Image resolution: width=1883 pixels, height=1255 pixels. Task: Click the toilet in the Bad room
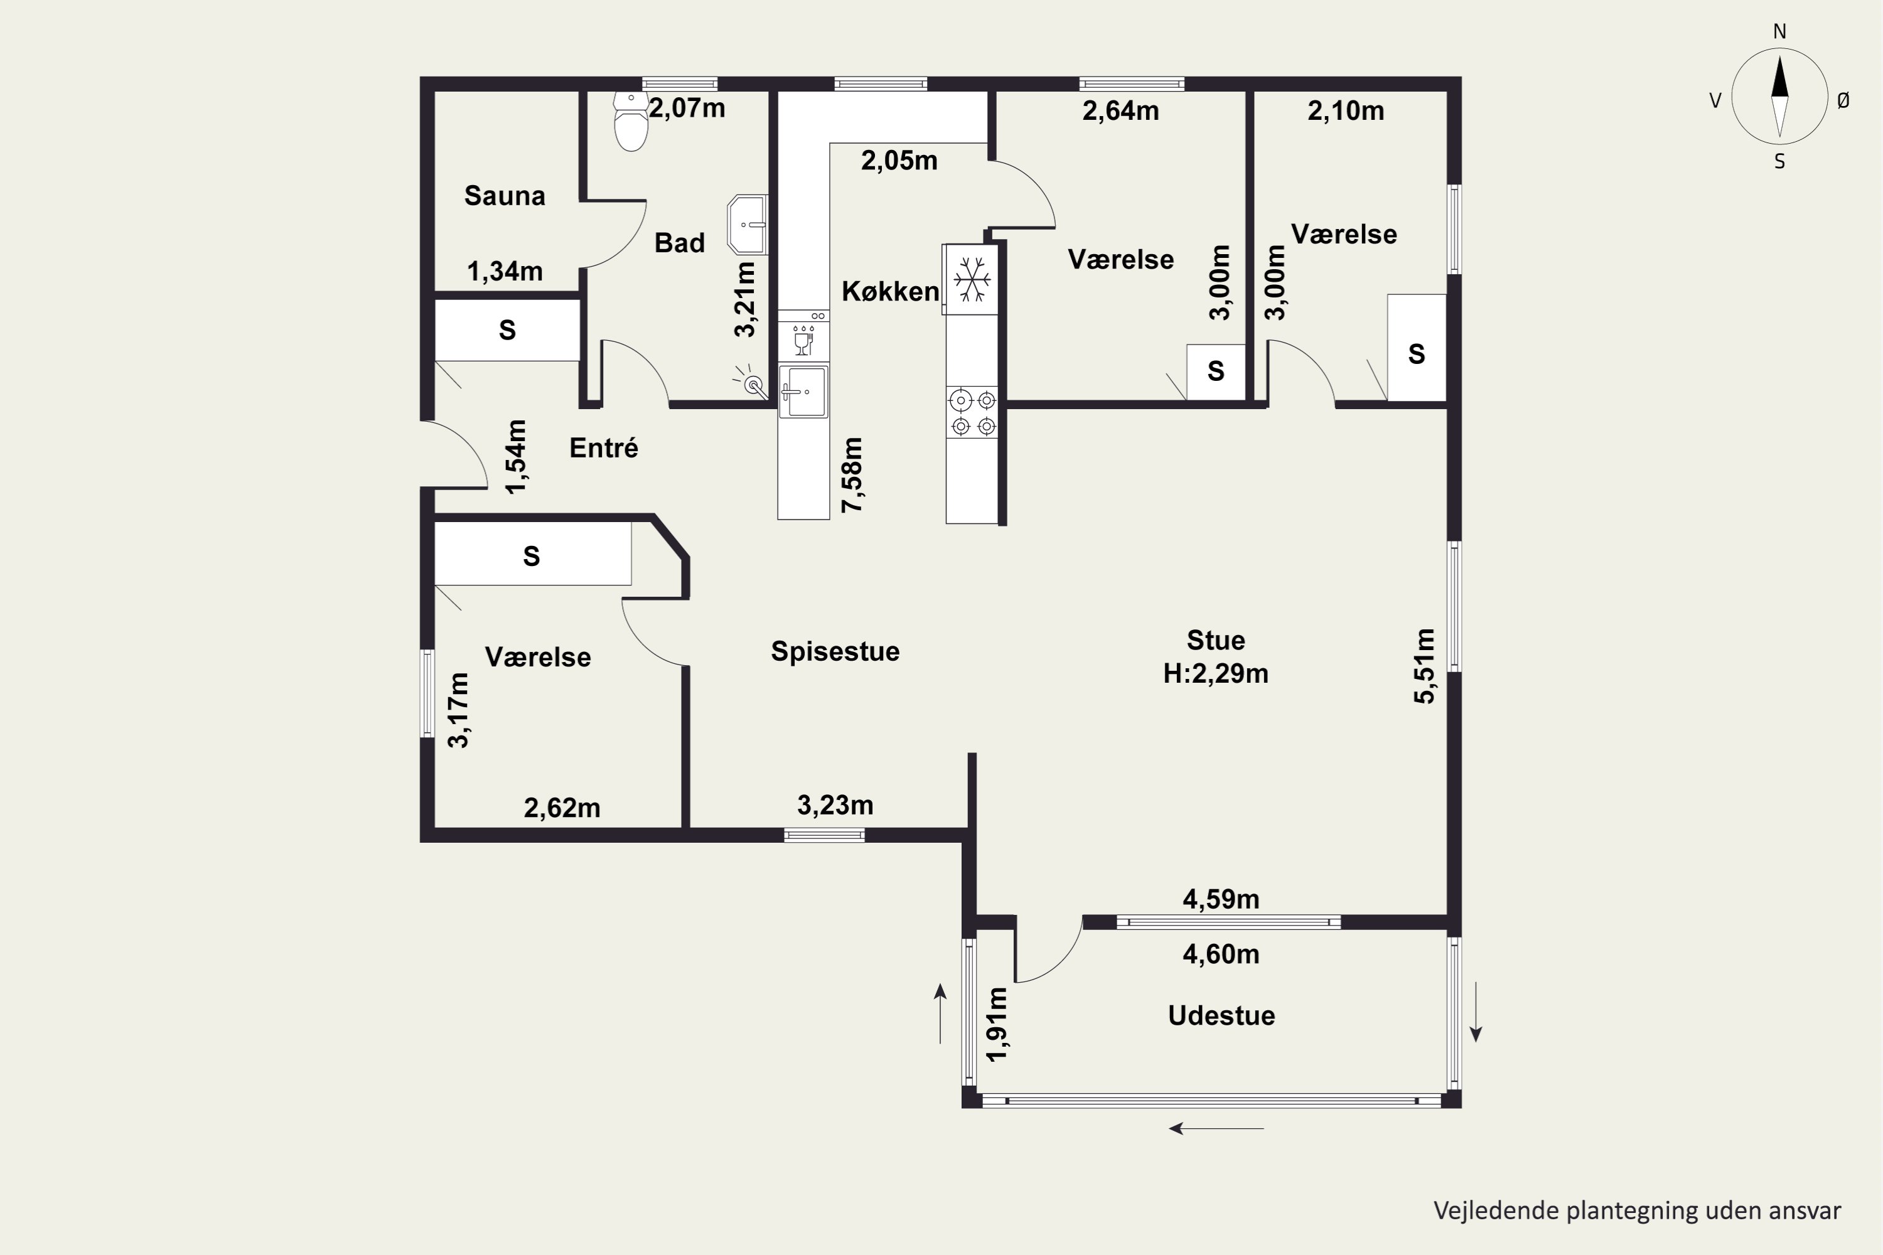point(631,122)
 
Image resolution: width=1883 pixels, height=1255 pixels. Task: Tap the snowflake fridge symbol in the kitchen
point(972,279)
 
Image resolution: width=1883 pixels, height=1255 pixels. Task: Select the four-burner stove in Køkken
point(972,412)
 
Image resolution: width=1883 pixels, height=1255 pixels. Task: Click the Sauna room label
point(505,196)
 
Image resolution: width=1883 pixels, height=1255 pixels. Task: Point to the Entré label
point(604,447)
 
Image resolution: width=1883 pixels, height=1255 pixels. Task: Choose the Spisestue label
point(835,651)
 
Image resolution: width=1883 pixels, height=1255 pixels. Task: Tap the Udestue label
point(1221,1016)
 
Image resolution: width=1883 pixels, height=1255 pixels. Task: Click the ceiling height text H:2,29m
point(1215,674)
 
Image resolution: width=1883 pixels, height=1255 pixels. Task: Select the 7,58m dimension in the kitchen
point(852,474)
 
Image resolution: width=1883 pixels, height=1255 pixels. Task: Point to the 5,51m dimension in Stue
point(1424,666)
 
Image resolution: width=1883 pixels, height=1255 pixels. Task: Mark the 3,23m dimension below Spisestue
point(835,805)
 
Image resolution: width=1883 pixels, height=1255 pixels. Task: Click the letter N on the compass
point(1779,32)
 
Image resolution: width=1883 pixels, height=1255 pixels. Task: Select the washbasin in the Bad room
point(747,225)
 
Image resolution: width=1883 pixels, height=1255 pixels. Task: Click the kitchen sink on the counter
point(803,392)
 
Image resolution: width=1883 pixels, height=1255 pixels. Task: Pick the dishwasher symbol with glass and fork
point(803,339)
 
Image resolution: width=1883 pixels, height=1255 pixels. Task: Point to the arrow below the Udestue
point(1216,1128)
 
